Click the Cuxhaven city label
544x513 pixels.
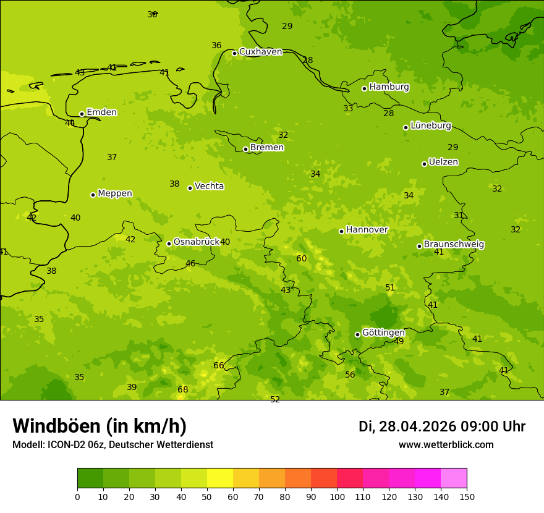[x=260, y=52]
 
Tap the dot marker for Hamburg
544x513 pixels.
[x=364, y=88]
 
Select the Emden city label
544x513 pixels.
[x=101, y=112]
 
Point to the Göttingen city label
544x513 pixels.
[x=383, y=333]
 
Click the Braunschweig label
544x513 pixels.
[x=454, y=245]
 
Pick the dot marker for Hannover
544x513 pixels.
[x=341, y=231]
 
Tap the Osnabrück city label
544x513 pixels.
[x=196, y=242]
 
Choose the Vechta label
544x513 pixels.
[x=209, y=186]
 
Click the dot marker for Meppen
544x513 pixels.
[x=93, y=195]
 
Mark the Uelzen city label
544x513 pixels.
[x=443, y=162]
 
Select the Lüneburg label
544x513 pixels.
[x=430, y=125]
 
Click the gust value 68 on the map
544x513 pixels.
[x=183, y=389]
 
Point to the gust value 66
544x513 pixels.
[x=219, y=365]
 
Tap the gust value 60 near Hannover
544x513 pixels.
[x=302, y=258]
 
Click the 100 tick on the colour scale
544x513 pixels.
[x=337, y=496]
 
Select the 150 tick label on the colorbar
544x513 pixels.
[x=467, y=496]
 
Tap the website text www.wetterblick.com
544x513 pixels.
[x=446, y=444]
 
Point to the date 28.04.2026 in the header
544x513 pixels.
[x=417, y=426]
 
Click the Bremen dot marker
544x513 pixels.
[x=245, y=149]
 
